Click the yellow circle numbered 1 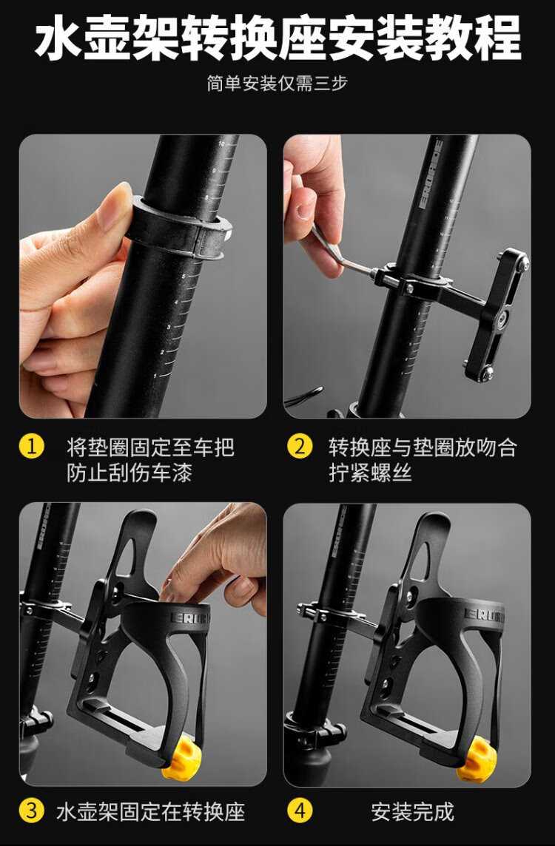coord(31,447)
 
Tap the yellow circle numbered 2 coord(300,447)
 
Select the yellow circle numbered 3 coord(31,811)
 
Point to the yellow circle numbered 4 coord(300,811)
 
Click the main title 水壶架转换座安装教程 coord(277,38)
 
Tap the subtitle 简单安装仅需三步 coord(277,84)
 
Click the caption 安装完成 coord(412,811)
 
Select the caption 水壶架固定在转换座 coord(151,811)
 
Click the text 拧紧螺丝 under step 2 coord(370,473)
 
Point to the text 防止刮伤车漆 coord(129,473)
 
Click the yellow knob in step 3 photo coord(181,758)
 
